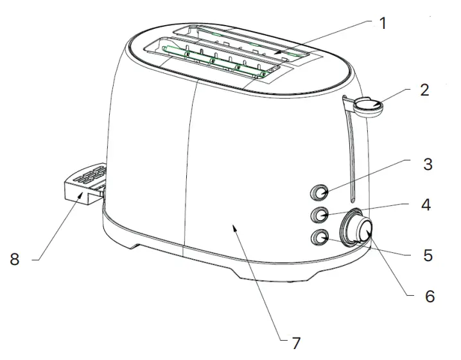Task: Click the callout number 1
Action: [x=383, y=24]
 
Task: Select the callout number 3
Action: [x=428, y=164]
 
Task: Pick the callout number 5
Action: [x=428, y=255]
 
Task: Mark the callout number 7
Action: [x=295, y=343]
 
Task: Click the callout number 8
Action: [x=14, y=260]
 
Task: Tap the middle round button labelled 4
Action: [x=319, y=214]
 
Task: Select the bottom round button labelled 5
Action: [x=319, y=238]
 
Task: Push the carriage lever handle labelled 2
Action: [x=367, y=105]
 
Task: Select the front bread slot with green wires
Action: [x=215, y=61]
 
